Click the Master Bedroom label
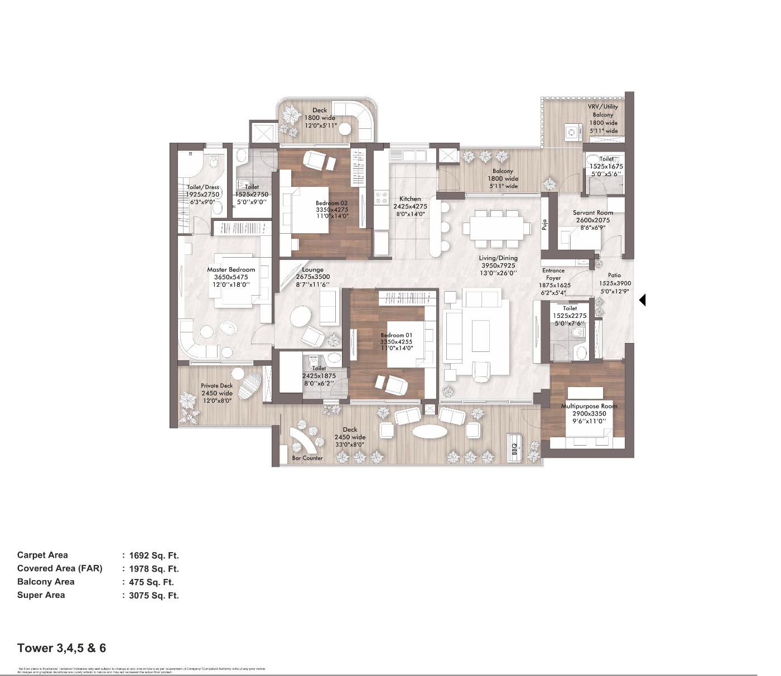(x=231, y=269)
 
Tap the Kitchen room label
(x=410, y=199)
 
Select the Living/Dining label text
(x=498, y=258)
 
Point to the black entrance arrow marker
(x=642, y=300)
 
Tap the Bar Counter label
(x=307, y=458)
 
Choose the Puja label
(x=544, y=225)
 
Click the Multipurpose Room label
(x=589, y=406)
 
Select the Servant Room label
(x=592, y=213)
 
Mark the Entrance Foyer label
(x=553, y=274)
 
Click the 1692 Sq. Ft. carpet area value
(x=153, y=556)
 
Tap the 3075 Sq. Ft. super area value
(x=153, y=596)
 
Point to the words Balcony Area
(x=46, y=582)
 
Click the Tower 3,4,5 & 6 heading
(x=61, y=648)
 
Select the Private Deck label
(x=217, y=385)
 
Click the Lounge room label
(x=312, y=269)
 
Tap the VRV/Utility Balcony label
(x=603, y=110)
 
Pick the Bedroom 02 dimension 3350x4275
(x=332, y=210)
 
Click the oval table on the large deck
(x=429, y=432)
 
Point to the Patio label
(x=614, y=276)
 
